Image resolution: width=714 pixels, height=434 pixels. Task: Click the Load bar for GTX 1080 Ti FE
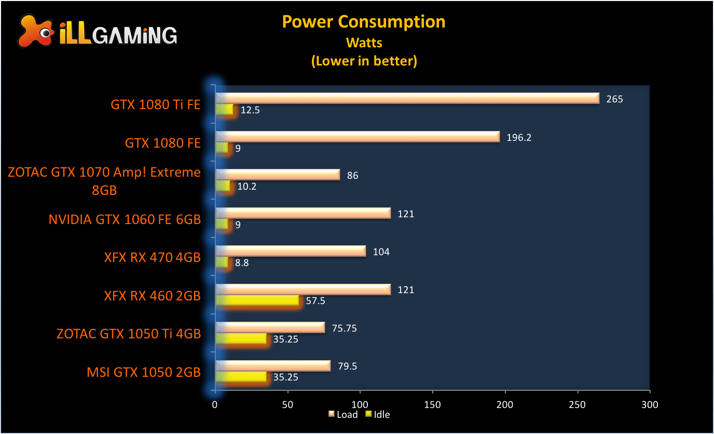pos(407,98)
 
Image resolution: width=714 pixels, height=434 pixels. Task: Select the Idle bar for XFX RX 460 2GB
pos(257,300)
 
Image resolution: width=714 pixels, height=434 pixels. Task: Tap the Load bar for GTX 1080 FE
pos(358,137)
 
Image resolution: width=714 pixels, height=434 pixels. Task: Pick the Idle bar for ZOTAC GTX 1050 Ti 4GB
pos(241,339)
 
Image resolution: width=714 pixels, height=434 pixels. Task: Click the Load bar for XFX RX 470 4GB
pos(291,252)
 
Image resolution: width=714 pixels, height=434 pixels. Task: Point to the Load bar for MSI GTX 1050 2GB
pos(273,366)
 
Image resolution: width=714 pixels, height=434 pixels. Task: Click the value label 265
pos(614,99)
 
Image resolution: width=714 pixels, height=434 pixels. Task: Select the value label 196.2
pos(519,138)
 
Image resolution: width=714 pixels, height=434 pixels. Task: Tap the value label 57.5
pos(315,301)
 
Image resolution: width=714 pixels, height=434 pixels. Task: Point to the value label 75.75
pos(346,328)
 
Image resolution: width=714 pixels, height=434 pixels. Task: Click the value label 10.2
pos(246,187)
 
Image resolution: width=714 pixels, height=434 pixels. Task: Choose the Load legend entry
pos(344,414)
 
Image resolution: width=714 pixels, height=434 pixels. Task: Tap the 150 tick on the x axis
pos(432,404)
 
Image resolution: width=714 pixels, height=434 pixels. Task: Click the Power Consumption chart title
pos(364,22)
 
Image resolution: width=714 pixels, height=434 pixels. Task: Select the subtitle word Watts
pos(364,42)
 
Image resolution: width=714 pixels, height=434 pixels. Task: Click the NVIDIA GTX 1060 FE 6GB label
pos(125,220)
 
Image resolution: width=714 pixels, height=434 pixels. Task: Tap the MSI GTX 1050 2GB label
pos(144,372)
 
